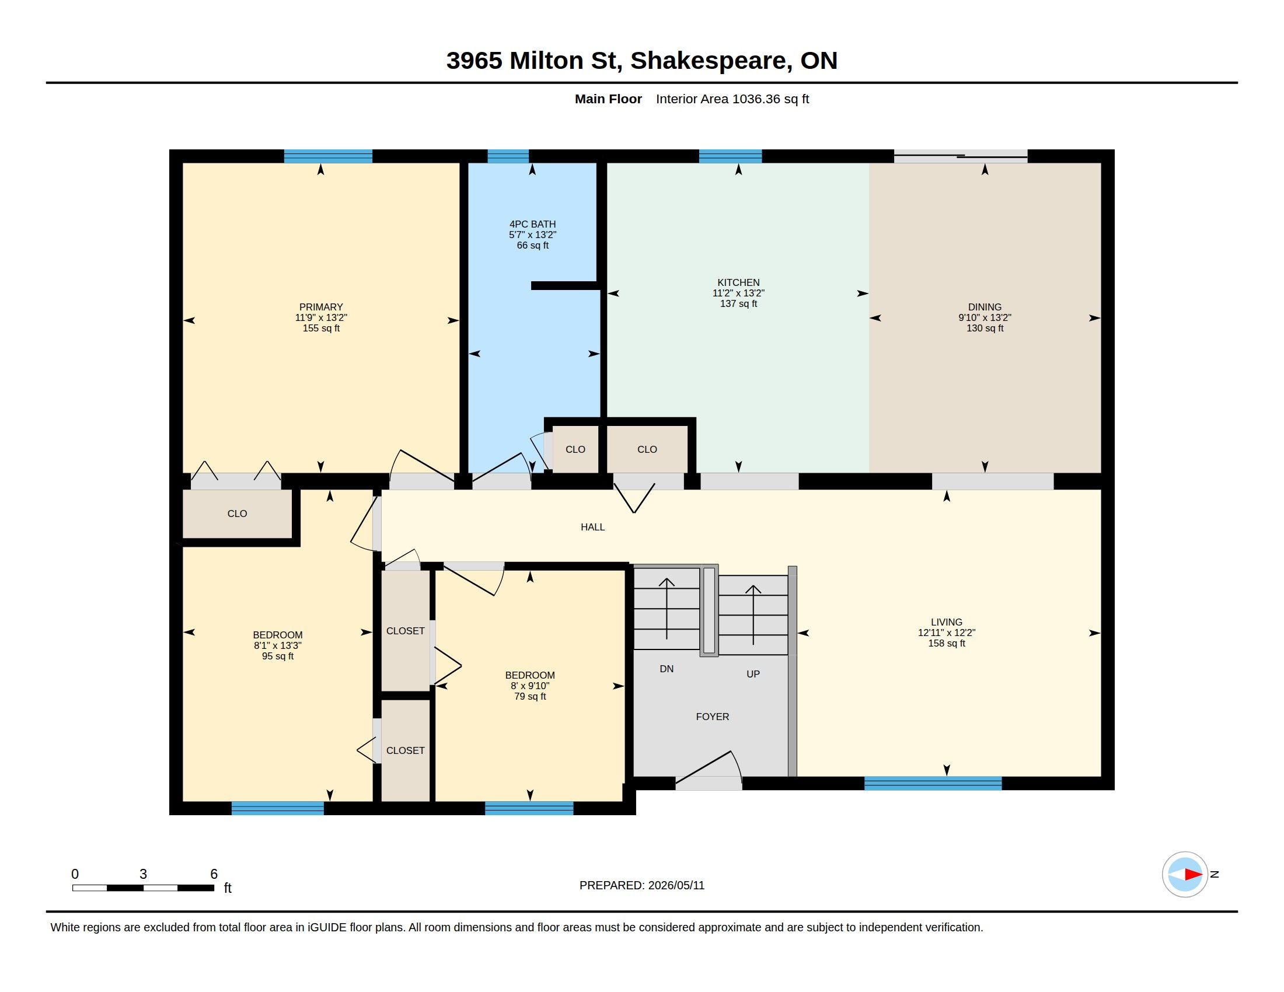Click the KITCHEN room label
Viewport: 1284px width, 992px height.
(x=738, y=282)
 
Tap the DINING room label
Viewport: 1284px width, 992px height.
(x=984, y=307)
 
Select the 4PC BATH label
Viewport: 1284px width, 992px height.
(x=532, y=224)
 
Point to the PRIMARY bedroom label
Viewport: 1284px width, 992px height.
(x=320, y=307)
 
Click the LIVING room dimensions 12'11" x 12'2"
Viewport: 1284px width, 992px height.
(x=946, y=633)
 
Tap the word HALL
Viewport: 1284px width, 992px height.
(x=592, y=527)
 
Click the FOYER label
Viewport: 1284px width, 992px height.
(x=712, y=717)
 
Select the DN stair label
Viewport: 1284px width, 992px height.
(x=666, y=669)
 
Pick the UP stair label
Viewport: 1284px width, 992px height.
(x=752, y=674)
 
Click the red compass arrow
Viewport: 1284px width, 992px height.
(x=1194, y=874)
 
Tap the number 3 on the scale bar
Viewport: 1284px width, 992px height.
(x=143, y=874)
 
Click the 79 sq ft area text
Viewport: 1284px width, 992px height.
(x=530, y=696)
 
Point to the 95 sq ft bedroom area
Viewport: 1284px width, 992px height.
(x=277, y=656)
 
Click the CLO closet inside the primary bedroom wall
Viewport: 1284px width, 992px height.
(x=237, y=514)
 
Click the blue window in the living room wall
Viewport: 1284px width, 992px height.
(x=933, y=783)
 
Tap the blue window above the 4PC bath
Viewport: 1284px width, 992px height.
(x=508, y=156)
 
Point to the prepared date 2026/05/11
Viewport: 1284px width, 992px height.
(x=676, y=885)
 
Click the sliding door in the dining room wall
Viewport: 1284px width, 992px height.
(x=961, y=156)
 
